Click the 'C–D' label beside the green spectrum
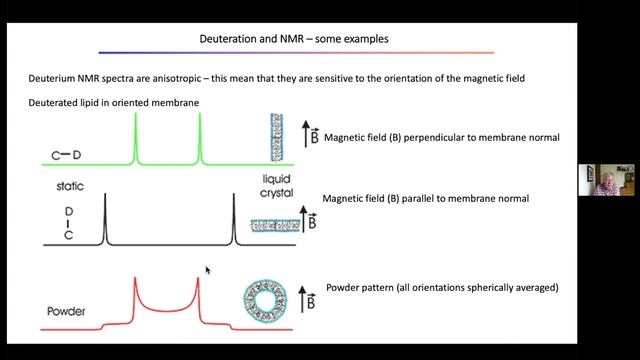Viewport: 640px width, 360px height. click(x=68, y=155)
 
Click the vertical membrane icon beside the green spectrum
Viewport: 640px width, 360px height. click(x=277, y=136)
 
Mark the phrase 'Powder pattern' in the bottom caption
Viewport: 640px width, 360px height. click(x=361, y=288)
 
